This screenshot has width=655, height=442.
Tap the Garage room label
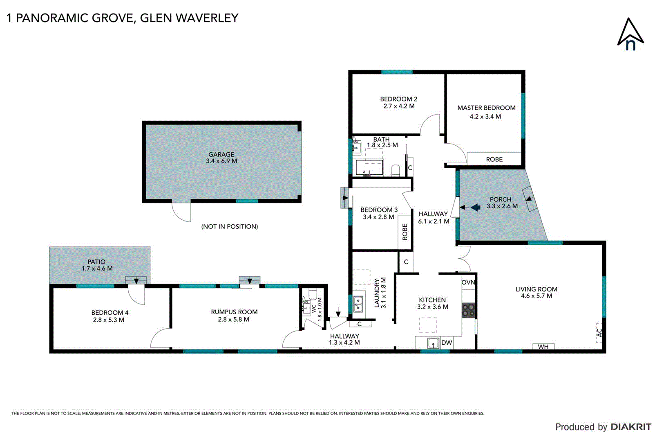click(221, 154)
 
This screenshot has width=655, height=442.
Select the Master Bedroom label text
click(486, 108)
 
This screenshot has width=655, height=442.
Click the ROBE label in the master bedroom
click(494, 159)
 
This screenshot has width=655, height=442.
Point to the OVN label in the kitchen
click(468, 282)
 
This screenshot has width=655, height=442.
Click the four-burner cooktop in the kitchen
click(469, 310)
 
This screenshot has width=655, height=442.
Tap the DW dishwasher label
click(447, 343)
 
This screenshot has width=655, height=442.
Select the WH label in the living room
click(543, 347)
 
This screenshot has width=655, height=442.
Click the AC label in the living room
click(599, 332)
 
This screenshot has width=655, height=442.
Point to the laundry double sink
click(358, 304)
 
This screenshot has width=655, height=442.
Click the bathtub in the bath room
click(369, 168)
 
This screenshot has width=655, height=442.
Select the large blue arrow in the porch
click(475, 207)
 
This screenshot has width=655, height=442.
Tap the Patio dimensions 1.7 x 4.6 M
click(97, 268)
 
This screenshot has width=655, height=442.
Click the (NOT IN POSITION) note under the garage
click(229, 226)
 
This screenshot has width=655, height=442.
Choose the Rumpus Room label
click(234, 312)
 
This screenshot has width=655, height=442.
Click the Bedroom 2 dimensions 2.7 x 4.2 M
click(398, 106)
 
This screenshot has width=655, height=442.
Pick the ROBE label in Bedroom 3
click(405, 232)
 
